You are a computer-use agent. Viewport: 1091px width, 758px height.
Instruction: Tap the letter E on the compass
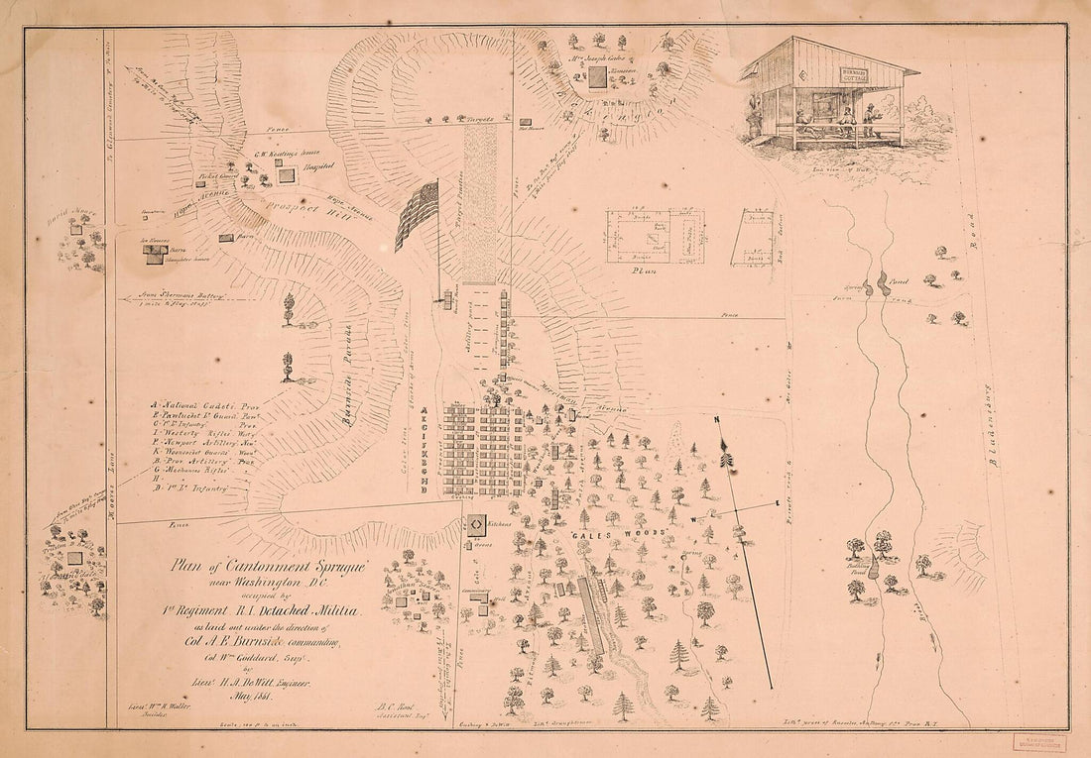[x=775, y=504]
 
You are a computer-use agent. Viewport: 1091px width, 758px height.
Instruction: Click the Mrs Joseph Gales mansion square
[x=597, y=77]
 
